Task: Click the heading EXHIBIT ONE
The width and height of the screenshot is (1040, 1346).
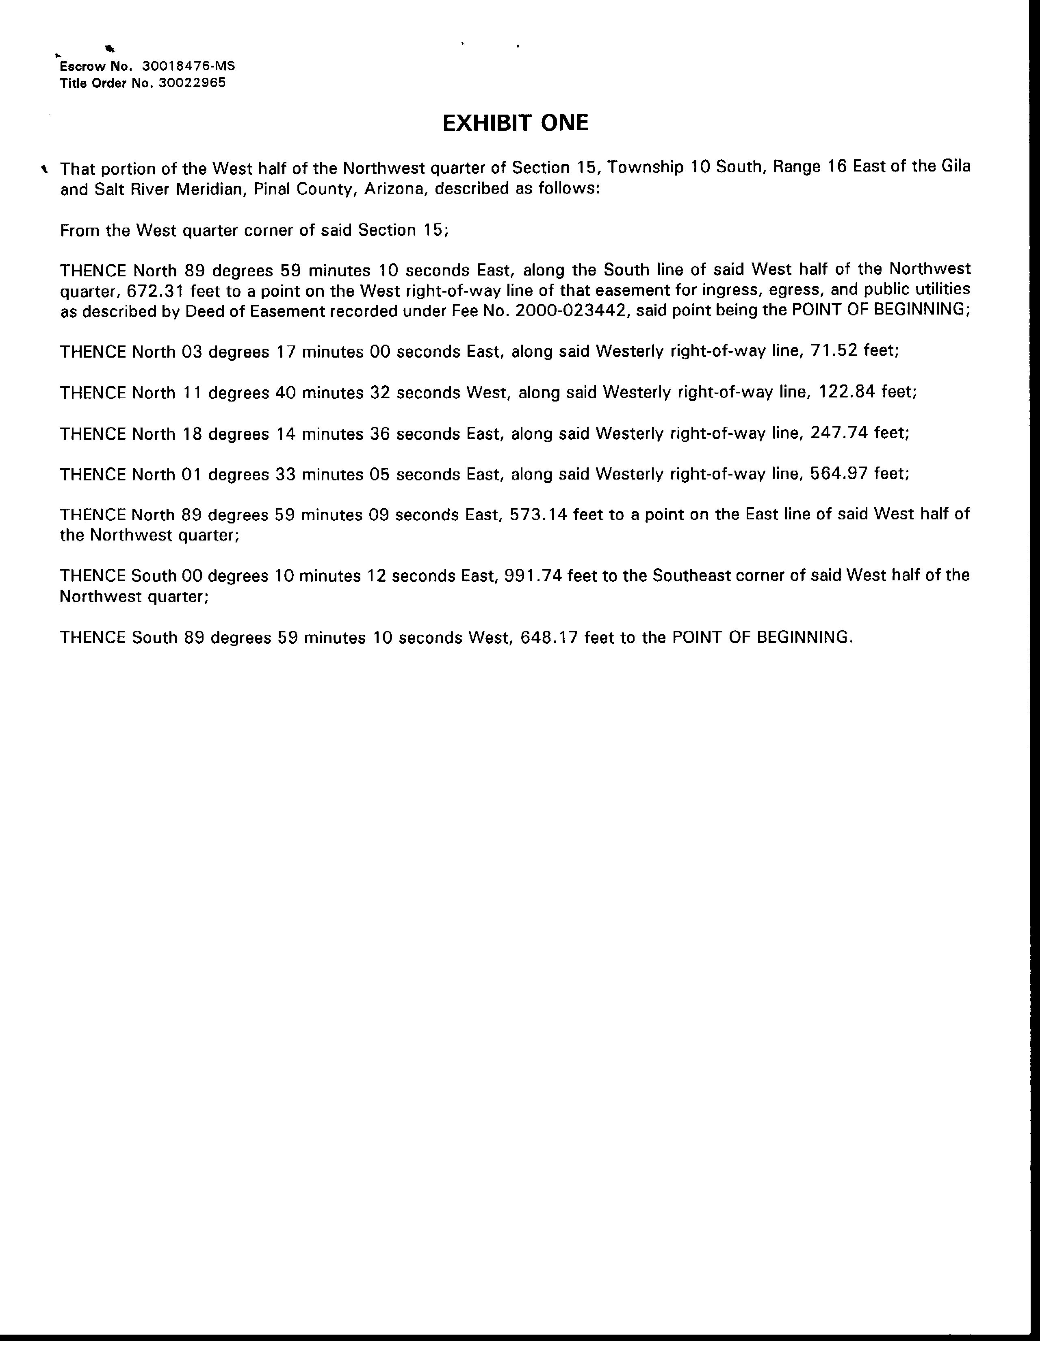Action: click(516, 123)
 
